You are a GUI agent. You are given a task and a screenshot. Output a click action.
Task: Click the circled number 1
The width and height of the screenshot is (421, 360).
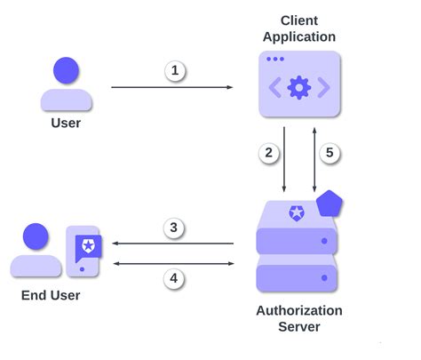coord(175,70)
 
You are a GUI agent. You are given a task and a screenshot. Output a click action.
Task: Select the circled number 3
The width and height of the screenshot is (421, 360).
coord(174,228)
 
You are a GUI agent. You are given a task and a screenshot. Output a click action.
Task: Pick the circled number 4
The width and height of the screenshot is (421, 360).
coord(174,278)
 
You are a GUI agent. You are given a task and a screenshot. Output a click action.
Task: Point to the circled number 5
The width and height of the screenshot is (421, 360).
coord(330,153)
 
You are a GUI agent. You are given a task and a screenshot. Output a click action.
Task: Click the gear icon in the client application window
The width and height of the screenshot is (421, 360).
coord(299,87)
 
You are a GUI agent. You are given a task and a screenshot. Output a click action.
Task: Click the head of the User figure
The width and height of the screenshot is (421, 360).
coord(66,69)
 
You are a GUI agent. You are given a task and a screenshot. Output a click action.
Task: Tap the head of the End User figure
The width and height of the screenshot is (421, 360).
coord(36,237)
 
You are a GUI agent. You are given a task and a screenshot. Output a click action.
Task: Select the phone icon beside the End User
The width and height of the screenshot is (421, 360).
coord(83,250)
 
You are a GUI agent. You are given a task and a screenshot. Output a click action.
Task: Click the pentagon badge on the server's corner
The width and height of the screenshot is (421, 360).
coord(330,204)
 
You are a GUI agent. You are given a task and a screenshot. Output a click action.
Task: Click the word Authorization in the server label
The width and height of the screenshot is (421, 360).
coord(299,310)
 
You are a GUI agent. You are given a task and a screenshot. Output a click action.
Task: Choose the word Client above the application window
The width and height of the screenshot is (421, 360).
coord(299,20)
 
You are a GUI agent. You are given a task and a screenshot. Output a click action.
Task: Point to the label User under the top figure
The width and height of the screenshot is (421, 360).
coord(65,123)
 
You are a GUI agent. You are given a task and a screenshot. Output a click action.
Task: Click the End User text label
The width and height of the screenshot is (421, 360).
coord(50,294)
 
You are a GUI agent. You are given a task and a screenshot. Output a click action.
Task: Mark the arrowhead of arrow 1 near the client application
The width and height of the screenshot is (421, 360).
coord(229,87)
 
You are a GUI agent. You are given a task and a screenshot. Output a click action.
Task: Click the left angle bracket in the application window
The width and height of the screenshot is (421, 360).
coord(275,87)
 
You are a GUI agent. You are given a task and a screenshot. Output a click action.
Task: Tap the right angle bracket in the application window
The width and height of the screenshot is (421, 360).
coord(324,87)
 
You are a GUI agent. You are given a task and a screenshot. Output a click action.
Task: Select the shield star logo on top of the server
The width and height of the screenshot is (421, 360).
coord(296,212)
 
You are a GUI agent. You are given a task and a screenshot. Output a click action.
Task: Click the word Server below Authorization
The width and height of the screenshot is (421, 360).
coord(299,326)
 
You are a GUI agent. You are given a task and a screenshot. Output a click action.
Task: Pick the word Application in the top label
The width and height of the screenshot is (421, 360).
coord(299,36)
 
